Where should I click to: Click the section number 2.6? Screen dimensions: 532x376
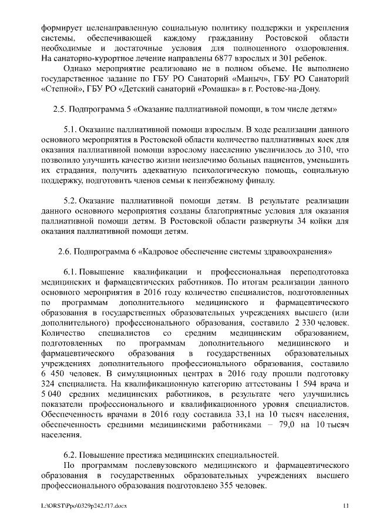click(65, 252)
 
